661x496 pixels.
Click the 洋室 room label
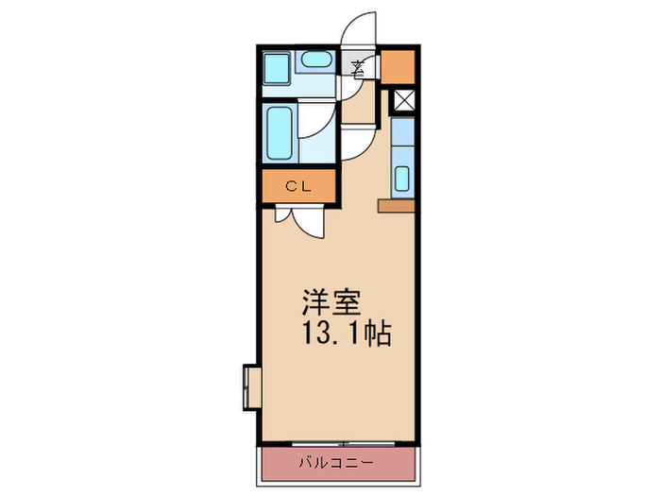point(328,303)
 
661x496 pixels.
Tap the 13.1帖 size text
point(347,334)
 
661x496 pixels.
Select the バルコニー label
point(337,463)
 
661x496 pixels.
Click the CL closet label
point(298,186)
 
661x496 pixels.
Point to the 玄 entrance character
point(360,67)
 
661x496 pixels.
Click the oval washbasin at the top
point(314,63)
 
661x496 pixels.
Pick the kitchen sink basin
point(401,178)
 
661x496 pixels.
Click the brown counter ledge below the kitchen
point(396,204)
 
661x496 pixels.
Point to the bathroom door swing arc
point(319,124)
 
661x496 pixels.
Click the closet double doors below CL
point(299,218)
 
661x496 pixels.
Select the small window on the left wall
point(251,386)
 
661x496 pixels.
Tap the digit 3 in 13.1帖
point(324,334)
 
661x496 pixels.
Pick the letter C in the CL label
point(293,186)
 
